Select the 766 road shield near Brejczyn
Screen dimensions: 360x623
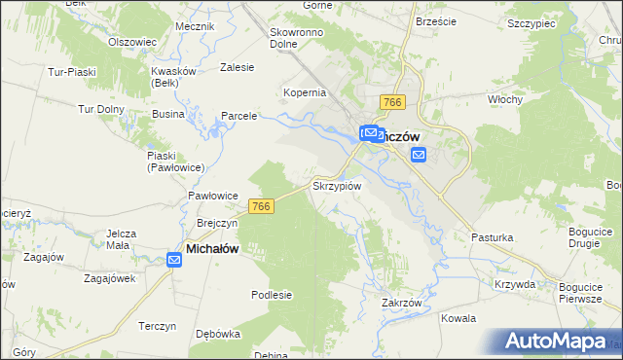(x=260, y=206)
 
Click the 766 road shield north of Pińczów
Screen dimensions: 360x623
(x=393, y=103)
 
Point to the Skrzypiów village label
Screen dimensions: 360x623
(x=337, y=185)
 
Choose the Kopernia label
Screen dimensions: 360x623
(x=304, y=92)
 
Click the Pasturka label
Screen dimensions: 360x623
(x=492, y=236)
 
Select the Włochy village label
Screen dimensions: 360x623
(x=506, y=99)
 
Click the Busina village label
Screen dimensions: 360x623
(x=167, y=114)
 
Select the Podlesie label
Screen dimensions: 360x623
(x=272, y=295)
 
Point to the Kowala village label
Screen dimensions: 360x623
(x=458, y=318)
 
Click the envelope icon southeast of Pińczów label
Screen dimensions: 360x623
(x=419, y=155)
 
